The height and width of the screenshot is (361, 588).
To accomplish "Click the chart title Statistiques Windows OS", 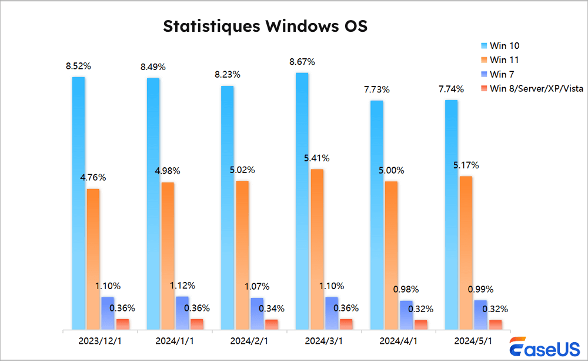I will click(x=265, y=27).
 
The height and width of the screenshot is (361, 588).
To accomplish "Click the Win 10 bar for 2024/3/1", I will click(x=302, y=200).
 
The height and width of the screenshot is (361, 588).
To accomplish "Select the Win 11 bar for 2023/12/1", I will click(x=93, y=259).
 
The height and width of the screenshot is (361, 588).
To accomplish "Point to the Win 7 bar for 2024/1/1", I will click(x=182, y=313).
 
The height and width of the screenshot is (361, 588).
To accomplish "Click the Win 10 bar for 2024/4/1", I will click(x=376, y=215).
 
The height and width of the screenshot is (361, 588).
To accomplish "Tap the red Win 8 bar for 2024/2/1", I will click(x=272, y=324).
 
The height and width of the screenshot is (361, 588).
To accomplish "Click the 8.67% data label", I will click(x=302, y=62).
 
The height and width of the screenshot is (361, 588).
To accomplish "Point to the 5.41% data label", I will click(x=317, y=158).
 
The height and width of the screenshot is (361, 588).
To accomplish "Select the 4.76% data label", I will click(x=93, y=177).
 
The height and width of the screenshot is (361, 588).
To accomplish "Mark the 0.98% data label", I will click(x=406, y=289).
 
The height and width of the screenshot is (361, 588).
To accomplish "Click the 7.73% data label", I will click(x=376, y=90).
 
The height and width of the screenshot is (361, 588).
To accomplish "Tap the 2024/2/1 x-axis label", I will click(x=249, y=341).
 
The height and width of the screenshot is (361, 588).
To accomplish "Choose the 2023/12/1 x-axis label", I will click(x=100, y=341).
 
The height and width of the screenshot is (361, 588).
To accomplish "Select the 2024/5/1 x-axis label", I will click(x=473, y=341).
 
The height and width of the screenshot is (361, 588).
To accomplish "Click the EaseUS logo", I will click(x=544, y=348).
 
